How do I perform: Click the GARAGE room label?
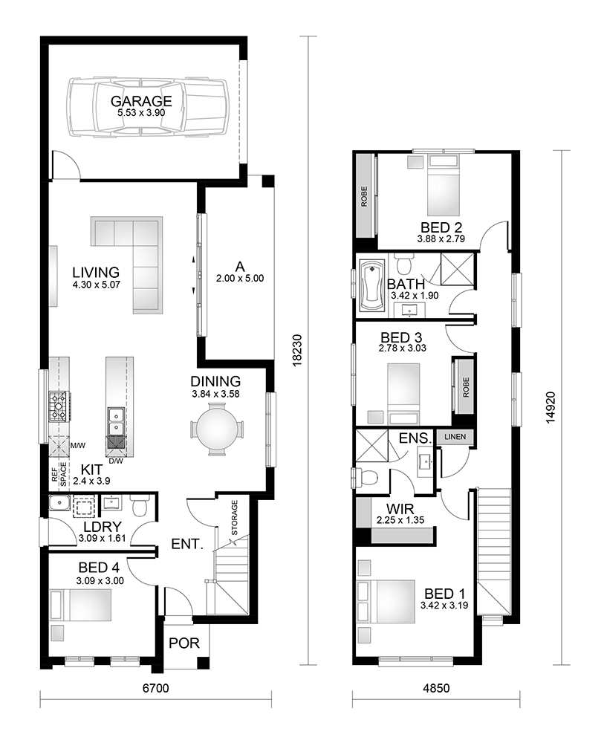(x=141, y=101)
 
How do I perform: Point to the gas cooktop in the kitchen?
(x=59, y=406)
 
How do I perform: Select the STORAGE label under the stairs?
(x=235, y=517)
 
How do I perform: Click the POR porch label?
(x=184, y=643)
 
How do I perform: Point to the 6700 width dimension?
(x=156, y=688)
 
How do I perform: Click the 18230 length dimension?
(x=297, y=350)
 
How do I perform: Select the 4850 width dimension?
(x=436, y=688)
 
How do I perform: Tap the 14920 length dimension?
(x=550, y=407)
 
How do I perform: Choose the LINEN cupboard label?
(x=455, y=436)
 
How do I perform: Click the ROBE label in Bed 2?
(x=364, y=196)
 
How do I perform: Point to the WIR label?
(x=400, y=509)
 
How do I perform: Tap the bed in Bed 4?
(x=80, y=604)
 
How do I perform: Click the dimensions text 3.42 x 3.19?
(x=444, y=605)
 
